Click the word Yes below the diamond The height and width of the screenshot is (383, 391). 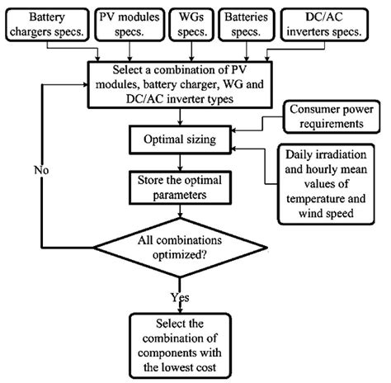(x=181, y=296)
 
